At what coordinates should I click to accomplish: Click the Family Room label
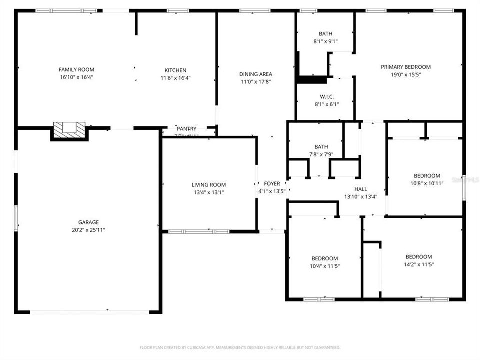76,70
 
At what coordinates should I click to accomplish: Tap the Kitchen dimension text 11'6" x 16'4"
175,78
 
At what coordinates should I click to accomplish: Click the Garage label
88,222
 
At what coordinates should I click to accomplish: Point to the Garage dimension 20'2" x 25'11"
88,230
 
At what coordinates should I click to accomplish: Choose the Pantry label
186,129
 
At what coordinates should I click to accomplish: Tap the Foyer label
272,184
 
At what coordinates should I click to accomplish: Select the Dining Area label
255,74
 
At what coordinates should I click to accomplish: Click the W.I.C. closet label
327,97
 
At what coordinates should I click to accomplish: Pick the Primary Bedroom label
405,67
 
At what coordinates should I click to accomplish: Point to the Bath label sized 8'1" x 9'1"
325,34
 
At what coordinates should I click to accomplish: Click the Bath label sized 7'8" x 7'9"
321,147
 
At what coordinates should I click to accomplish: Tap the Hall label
360,189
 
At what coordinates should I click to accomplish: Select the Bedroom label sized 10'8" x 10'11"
427,176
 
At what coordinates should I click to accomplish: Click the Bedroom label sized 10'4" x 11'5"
325,258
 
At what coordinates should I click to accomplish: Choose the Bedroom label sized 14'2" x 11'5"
418,257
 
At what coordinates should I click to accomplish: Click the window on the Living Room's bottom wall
198,231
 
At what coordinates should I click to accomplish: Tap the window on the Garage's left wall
16,218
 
